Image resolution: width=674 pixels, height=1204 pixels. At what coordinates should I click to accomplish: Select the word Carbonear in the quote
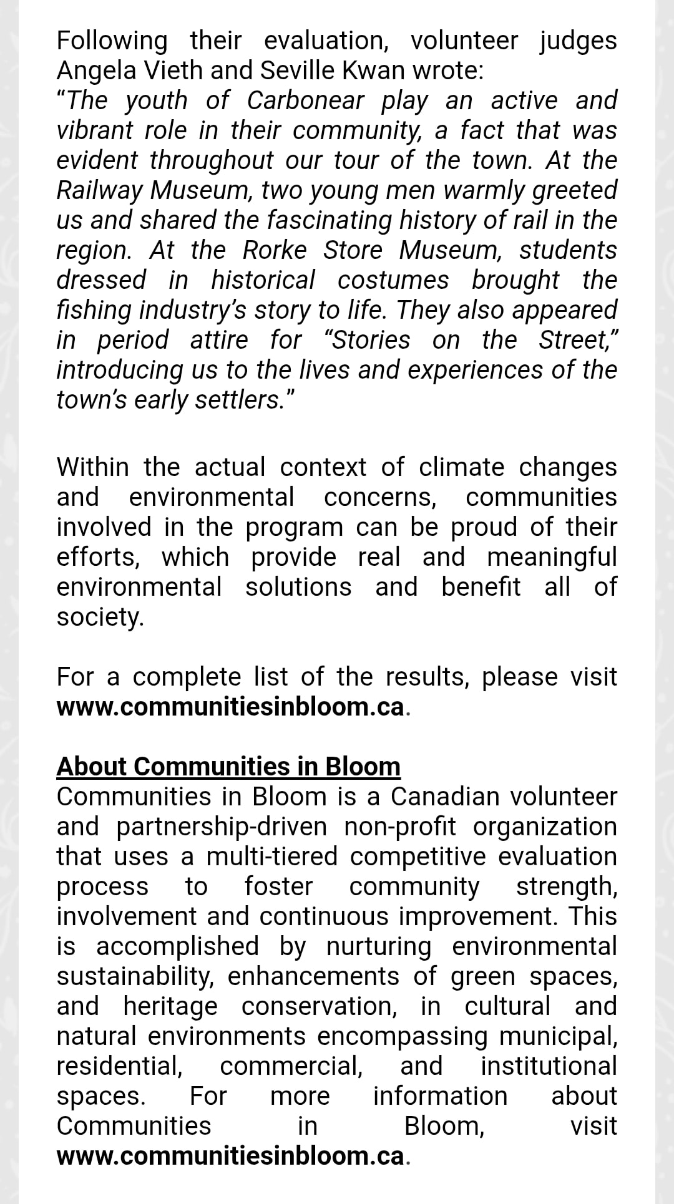(x=305, y=100)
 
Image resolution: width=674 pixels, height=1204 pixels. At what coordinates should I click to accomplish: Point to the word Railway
(x=100, y=190)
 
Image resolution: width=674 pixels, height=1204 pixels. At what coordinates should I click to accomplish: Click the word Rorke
(x=275, y=250)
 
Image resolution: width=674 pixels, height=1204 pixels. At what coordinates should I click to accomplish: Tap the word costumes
(x=393, y=280)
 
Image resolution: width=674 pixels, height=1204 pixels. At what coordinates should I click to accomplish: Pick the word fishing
(x=93, y=310)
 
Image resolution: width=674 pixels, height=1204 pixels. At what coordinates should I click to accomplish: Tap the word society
(x=100, y=617)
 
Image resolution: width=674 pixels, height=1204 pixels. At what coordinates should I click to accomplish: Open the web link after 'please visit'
(x=231, y=707)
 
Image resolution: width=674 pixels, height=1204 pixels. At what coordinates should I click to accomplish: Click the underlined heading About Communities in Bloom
(x=228, y=766)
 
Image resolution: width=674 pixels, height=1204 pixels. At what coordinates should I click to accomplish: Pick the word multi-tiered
(x=271, y=857)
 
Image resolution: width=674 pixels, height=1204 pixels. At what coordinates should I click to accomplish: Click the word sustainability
(x=135, y=976)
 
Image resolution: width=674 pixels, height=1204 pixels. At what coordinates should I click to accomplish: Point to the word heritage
(x=170, y=1006)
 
